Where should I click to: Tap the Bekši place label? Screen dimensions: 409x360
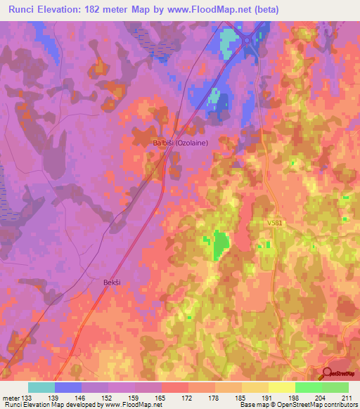point(103,282)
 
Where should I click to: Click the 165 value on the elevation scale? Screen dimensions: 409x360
point(161,398)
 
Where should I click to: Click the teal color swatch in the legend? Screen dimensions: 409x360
point(41,387)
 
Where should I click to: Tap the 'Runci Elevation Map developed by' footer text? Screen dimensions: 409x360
point(53,405)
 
